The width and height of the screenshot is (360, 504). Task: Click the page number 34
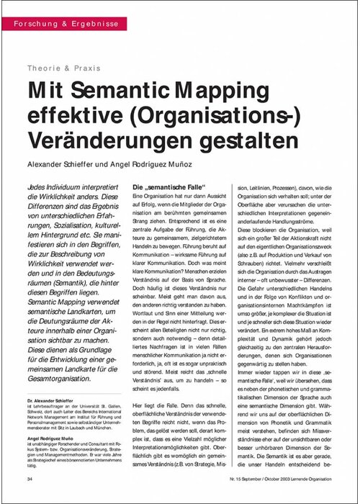pos(30,479)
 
